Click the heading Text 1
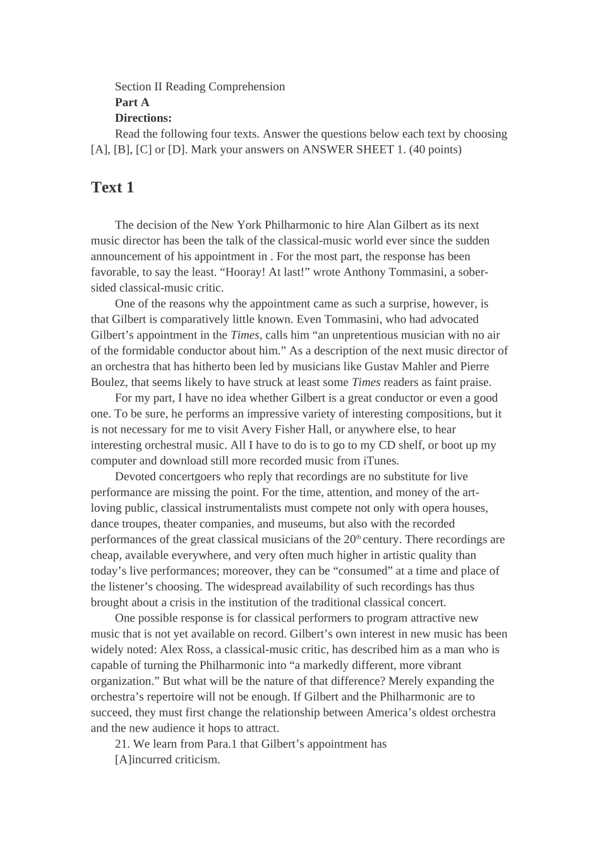pyautogui.click(x=112, y=188)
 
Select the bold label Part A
pyautogui.click(x=132, y=102)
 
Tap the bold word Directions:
pyautogui.click(x=143, y=118)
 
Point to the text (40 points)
pyautogui.click(x=435, y=150)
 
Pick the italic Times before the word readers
pyautogui.click(x=366, y=382)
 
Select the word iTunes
pyautogui.click(x=380, y=461)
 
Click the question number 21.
pyautogui.click(x=122, y=744)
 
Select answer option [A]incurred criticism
pyautogui.click(x=167, y=760)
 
